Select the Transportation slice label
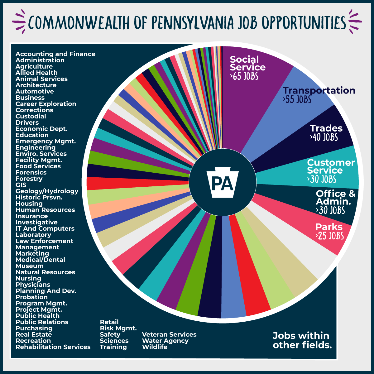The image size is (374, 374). (x=319, y=90)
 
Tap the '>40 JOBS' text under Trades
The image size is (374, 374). (x=324, y=137)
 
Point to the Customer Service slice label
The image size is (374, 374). (x=331, y=166)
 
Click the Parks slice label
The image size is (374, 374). (x=329, y=227)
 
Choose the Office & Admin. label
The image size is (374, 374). (x=335, y=197)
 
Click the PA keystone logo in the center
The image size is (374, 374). (x=223, y=182)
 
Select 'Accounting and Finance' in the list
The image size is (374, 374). (x=55, y=54)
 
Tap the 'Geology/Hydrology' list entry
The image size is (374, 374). (x=47, y=191)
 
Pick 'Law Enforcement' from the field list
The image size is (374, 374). (x=44, y=241)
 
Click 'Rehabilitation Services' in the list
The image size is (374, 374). (x=53, y=347)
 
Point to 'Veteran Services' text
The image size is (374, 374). (x=169, y=334)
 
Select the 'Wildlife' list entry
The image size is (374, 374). (x=155, y=347)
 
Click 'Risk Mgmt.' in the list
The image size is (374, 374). (x=118, y=328)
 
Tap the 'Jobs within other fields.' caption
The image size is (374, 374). (x=302, y=340)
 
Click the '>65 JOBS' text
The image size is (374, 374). (x=244, y=76)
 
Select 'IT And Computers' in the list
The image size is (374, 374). (x=45, y=228)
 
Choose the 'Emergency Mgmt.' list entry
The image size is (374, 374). (x=46, y=141)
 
